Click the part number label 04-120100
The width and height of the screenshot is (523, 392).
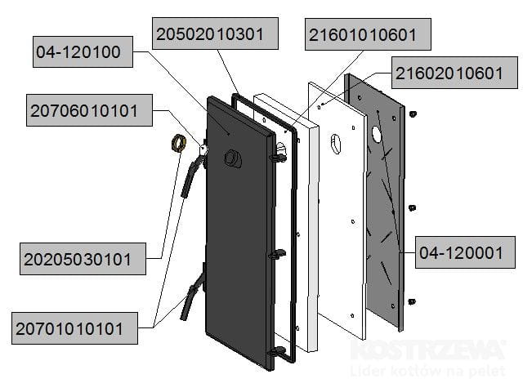[x=78, y=52]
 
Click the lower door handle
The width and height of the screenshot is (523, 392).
[x=193, y=296]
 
